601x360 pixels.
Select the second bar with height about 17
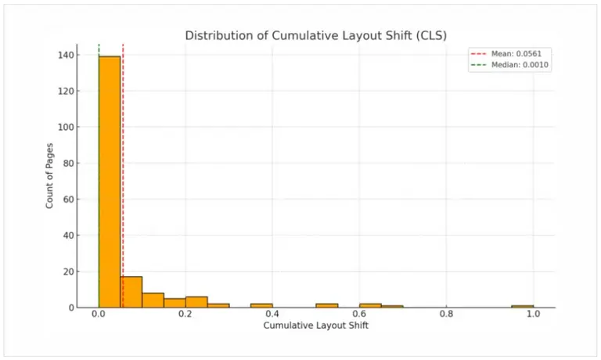tap(131, 292)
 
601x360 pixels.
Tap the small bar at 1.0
tap(522, 306)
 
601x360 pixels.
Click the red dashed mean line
tap(123, 157)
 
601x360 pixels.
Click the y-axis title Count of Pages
tap(49, 175)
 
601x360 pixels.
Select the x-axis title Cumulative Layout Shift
tap(315, 325)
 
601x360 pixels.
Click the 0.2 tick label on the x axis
tap(185, 314)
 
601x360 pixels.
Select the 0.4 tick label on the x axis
tap(272, 314)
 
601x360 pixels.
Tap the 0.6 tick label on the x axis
tap(359, 314)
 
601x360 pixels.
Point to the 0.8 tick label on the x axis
tap(446, 314)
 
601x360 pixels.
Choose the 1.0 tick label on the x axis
tap(533, 314)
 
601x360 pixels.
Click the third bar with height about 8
tap(153, 300)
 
